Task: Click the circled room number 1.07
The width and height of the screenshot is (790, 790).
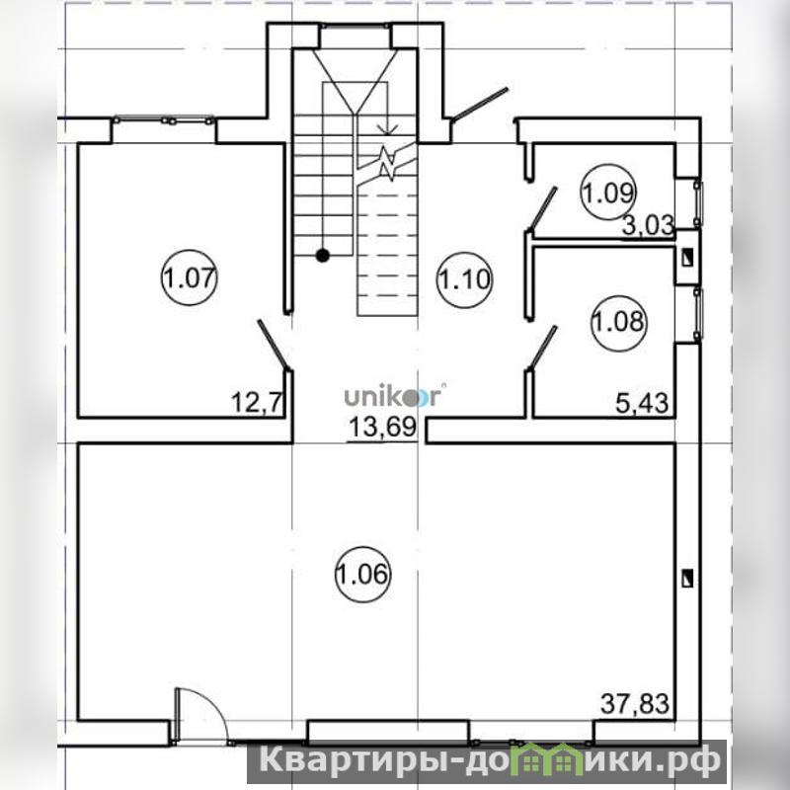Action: (x=189, y=277)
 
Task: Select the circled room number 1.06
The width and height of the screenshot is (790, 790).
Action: (x=362, y=574)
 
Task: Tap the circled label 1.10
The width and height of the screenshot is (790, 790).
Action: (x=464, y=279)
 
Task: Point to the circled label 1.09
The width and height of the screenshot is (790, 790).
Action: (x=609, y=192)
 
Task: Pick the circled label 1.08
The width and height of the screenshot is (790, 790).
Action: (x=619, y=323)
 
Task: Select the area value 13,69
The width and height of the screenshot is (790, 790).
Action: (x=383, y=428)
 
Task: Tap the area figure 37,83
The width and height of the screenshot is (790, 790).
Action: (x=635, y=703)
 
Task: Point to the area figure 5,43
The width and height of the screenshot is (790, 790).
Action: (x=643, y=403)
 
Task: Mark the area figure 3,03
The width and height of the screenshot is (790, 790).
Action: (x=648, y=226)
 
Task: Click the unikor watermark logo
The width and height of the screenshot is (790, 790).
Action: (x=393, y=397)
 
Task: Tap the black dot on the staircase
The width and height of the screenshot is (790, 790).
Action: (x=323, y=256)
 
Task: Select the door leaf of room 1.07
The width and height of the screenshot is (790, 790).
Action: (x=275, y=345)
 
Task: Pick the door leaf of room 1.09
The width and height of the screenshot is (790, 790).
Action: (x=543, y=209)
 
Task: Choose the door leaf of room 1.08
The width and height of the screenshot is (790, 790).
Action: (x=543, y=349)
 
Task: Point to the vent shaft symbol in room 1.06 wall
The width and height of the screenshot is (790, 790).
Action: (x=686, y=579)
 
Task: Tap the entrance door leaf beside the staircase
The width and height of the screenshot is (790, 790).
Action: (x=480, y=105)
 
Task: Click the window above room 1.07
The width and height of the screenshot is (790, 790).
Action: (x=164, y=120)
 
